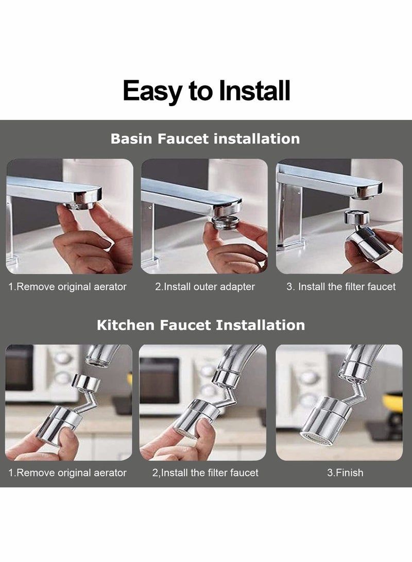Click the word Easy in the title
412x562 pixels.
(153, 91)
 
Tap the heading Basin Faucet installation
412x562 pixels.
(205, 139)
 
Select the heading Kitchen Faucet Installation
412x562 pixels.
(201, 325)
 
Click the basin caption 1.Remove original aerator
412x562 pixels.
(67, 287)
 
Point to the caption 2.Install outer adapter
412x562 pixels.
(205, 287)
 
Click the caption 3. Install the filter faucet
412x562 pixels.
(341, 287)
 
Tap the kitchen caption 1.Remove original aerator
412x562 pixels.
(67, 472)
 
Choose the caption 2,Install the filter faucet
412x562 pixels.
(205, 472)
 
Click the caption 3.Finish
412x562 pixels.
(345, 472)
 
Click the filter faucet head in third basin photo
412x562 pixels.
(369, 242)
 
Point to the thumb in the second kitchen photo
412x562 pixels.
(203, 430)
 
